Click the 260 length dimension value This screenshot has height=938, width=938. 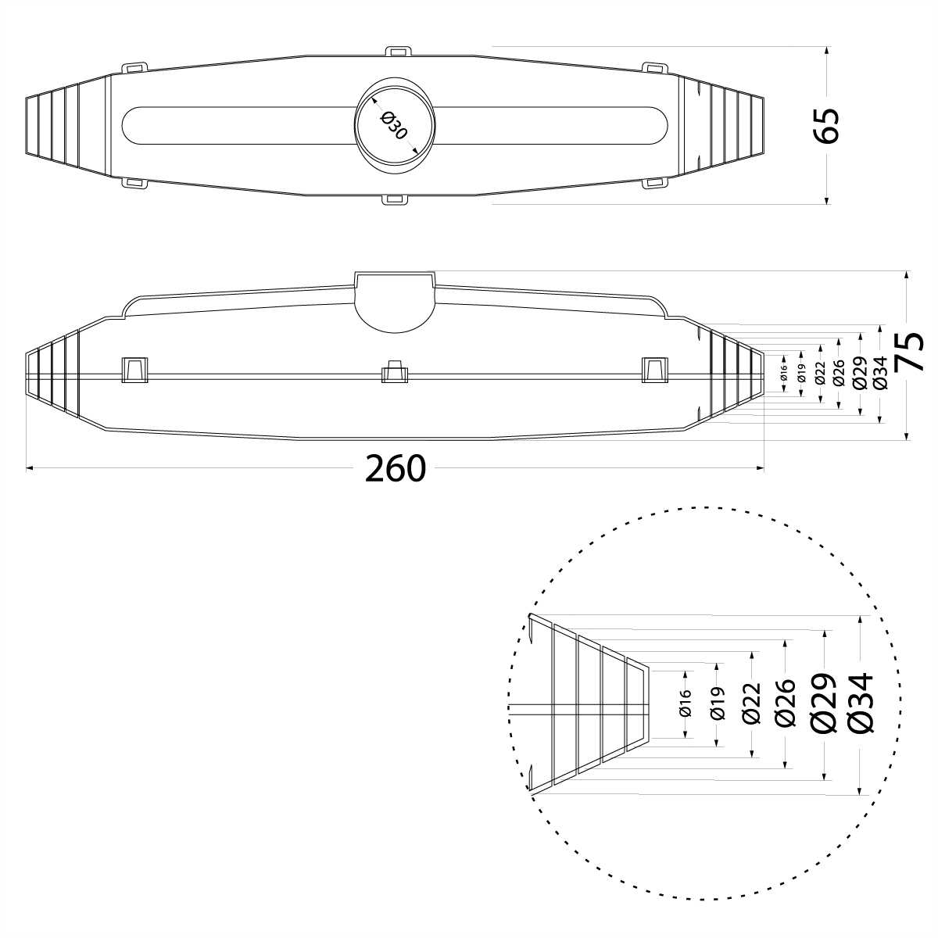[x=396, y=468]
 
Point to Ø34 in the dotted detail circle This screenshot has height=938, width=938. [x=859, y=703]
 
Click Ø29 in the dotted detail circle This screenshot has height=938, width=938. [x=825, y=703]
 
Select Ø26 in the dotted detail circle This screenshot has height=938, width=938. [x=785, y=703]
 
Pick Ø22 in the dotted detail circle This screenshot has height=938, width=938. [x=752, y=703]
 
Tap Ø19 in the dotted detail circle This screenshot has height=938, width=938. [x=718, y=703]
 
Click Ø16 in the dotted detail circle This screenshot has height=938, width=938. [x=686, y=703]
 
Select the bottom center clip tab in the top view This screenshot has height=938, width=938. [x=395, y=199]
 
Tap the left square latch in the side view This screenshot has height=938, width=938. [x=135, y=369]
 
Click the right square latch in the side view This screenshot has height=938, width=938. [x=655, y=369]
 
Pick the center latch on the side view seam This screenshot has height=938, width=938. [x=394, y=372]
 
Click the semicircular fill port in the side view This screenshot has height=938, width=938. [x=395, y=305]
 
